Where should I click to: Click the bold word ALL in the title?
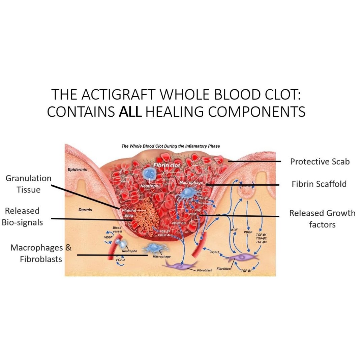coord(130,112)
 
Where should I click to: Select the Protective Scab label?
coord(320,162)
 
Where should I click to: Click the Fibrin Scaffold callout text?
coord(319,184)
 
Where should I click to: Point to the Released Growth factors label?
coord(322,219)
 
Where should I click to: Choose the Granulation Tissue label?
coord(29,184)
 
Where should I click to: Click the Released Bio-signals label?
coord(22,216)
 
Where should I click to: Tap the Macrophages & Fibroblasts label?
coord(41,253)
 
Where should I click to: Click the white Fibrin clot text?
coord(166,165)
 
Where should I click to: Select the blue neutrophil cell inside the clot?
coord(148,173)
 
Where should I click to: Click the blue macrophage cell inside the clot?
coord(186,193)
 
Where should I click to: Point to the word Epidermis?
coord(77,170)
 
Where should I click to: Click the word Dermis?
coord(85,210)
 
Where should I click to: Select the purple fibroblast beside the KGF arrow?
coord(243,259)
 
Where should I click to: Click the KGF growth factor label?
coord(234,230)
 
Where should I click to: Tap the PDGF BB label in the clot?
coord(179,223)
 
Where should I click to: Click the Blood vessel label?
coord(117,230)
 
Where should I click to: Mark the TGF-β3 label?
coord(261,242)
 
